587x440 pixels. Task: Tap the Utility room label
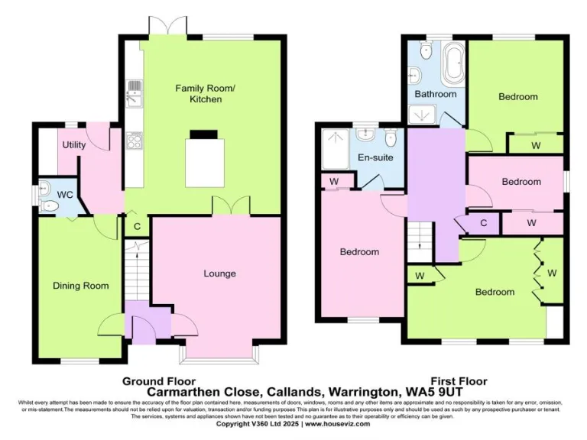point(74,145)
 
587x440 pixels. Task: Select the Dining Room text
point(80,286)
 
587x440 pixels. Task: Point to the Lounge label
point(219,273)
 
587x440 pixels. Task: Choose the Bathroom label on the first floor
point(435,94)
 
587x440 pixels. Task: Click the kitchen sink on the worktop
point(134,92)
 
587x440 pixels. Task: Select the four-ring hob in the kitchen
point(135,139)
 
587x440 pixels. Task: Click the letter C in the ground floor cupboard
point(137,226)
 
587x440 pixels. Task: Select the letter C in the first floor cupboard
point(483,223)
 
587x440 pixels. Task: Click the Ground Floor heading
point(159,380)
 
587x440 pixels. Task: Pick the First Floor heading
point(459,380)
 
